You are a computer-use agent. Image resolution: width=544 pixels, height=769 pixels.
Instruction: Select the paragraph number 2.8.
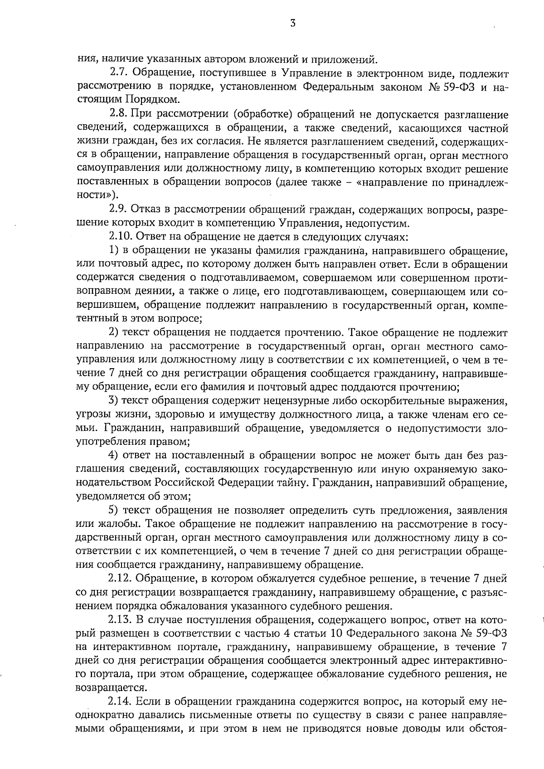coord(119,115)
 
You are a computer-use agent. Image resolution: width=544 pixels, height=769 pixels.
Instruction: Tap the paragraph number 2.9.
coord(119,209)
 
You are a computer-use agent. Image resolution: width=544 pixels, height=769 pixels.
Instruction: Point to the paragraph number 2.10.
coord(121,236)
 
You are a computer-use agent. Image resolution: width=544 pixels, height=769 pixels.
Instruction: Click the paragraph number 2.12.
coord(120,579)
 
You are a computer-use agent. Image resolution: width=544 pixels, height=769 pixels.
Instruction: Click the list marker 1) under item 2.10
coord(113,251)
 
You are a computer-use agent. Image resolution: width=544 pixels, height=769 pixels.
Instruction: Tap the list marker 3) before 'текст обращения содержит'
coord(113,400)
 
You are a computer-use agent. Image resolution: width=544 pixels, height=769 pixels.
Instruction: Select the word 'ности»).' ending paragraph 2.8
coord(97,196)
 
